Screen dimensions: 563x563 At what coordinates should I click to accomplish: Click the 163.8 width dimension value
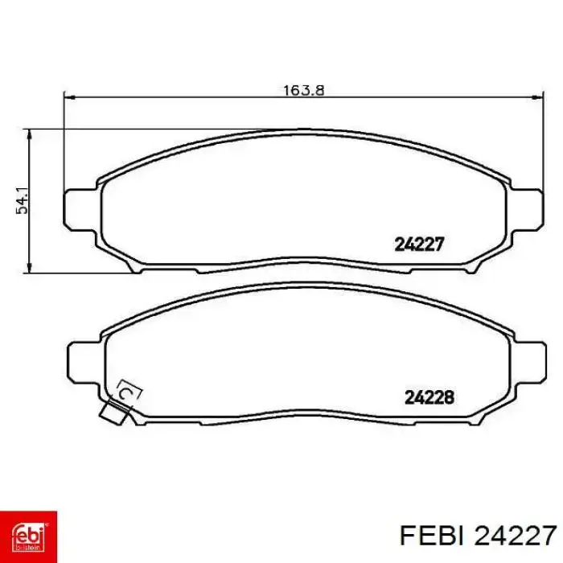(x=304, y=90)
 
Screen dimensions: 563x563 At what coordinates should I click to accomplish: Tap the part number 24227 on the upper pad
(x=419, y=245)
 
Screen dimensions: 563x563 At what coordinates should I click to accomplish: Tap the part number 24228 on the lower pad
(x=429, y=397)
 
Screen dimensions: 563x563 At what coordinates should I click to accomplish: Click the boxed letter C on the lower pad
(x=127, y=393)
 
